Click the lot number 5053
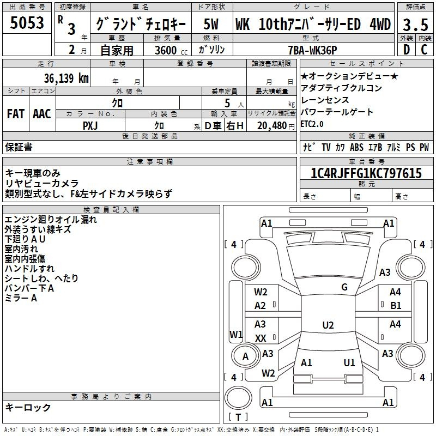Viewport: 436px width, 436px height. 27,23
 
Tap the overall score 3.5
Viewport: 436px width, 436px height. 415,25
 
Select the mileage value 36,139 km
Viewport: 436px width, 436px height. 66,78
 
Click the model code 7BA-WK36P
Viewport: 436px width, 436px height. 312,50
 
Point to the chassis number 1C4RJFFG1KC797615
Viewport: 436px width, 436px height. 366,173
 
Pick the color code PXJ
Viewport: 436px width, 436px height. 90,126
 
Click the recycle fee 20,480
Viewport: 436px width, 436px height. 272,126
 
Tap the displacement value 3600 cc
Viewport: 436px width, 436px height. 171,50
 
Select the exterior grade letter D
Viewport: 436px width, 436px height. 406,50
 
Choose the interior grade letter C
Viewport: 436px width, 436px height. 424,50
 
